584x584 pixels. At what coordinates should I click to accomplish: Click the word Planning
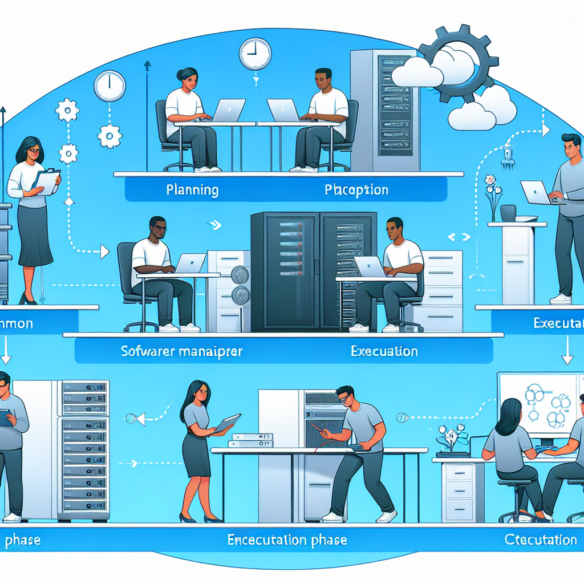[x=192, y=190]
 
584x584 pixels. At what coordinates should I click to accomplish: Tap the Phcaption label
[x=356, y=190]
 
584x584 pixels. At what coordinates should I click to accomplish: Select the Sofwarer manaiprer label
[x=182, y=351]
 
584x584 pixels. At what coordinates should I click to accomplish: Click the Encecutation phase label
[x=287, y=540]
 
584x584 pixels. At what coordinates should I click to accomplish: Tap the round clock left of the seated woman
[x=109, y=86]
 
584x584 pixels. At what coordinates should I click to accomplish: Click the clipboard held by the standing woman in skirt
[x=46, y=181]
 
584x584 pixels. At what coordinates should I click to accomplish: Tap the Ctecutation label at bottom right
[x=541, y=539]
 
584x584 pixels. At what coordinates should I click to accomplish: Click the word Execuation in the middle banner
[x=384, y=351]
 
